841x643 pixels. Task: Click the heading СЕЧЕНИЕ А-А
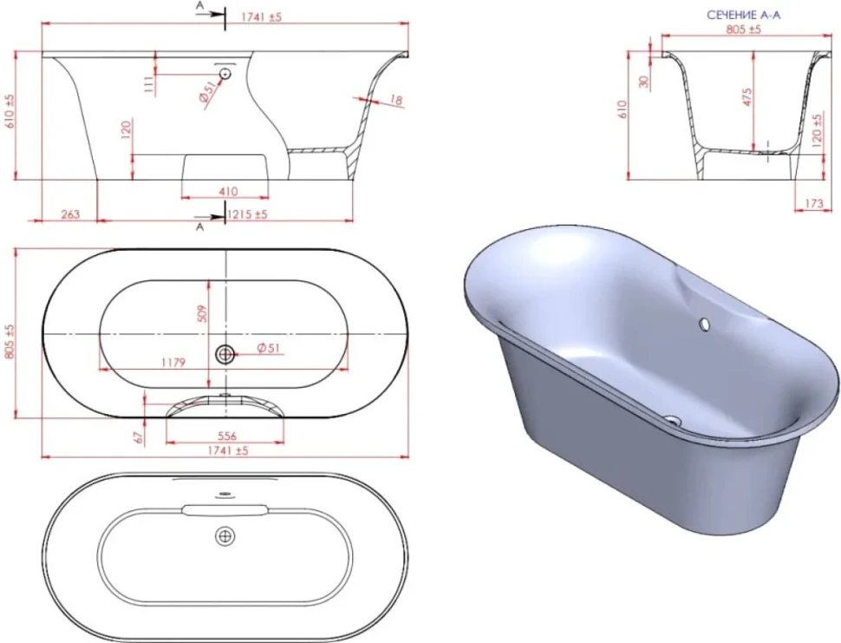click(x=743, y=15)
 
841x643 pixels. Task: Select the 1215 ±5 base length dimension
click(x=247, y=214)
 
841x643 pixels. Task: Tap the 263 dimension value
click(x=70, y=214)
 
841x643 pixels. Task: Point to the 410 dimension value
click(x=228, y=191)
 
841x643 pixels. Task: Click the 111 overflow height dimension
click(x=149, y=84)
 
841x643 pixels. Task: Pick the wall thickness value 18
click(x=396, y=101)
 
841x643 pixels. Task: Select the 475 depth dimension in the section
click(x=747, y=97)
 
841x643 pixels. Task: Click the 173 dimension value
click(x=813, y=203)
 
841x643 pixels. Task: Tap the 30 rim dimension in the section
click(x=644, y=81)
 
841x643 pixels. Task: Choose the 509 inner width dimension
click(x=202, y=313)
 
